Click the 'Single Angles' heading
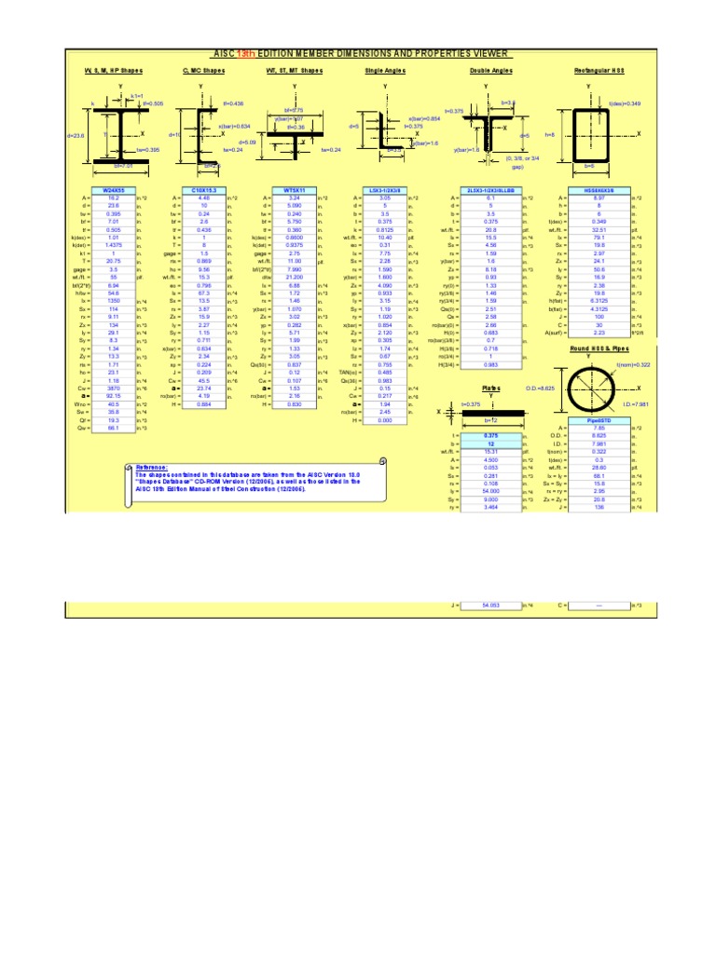tap(386, 71)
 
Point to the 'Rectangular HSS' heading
tap(588, 71)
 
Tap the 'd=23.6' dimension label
tap(76, 136)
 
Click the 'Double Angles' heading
tap(488, 71)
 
